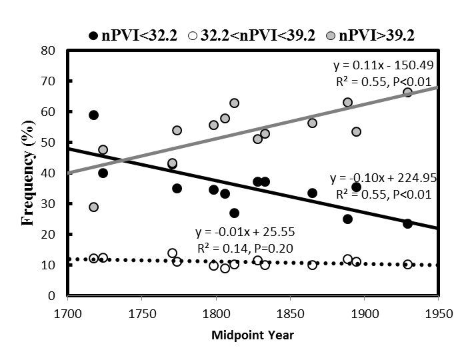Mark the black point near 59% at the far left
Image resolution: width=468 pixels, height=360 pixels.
click(x=94, y=115)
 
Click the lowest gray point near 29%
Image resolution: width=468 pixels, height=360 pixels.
click(x=94, y=207)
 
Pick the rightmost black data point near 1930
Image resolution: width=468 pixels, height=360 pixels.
click(x=407, y=223)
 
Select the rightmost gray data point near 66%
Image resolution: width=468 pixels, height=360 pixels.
click(x=407, y=93)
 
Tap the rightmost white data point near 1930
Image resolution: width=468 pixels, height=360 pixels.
click(x=407, y=264)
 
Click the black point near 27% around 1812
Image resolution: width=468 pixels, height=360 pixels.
click(x=234, y=213)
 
